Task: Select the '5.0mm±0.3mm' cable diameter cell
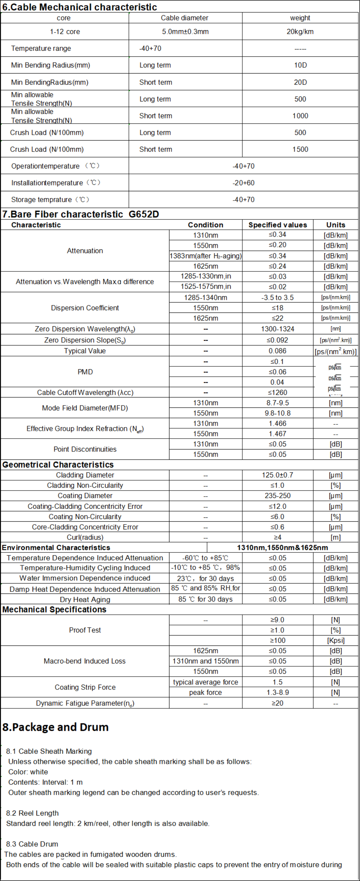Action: coord(185,32)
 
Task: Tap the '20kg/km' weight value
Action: coord(300,32)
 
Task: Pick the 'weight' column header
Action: coord(300,18)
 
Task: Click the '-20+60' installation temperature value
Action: coord(243,183)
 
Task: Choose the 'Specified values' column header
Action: coord(277,225)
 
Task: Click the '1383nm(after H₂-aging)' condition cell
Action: coord(205,256)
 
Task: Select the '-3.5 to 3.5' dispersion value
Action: coord(277,297)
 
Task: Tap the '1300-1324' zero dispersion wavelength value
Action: coord(277,329)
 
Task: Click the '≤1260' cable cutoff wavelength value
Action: coord(277,392)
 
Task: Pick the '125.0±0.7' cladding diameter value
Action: coord(277,475)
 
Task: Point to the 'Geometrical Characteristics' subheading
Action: coord(58,464)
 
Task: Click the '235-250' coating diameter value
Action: coord(277,495)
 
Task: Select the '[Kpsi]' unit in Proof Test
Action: coord(335,640)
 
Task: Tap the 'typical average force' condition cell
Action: coord(205,682)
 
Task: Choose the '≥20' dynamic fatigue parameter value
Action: coord(277,703)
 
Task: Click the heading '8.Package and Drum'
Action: coord(55,727)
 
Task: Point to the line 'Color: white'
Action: coord(28,772)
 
